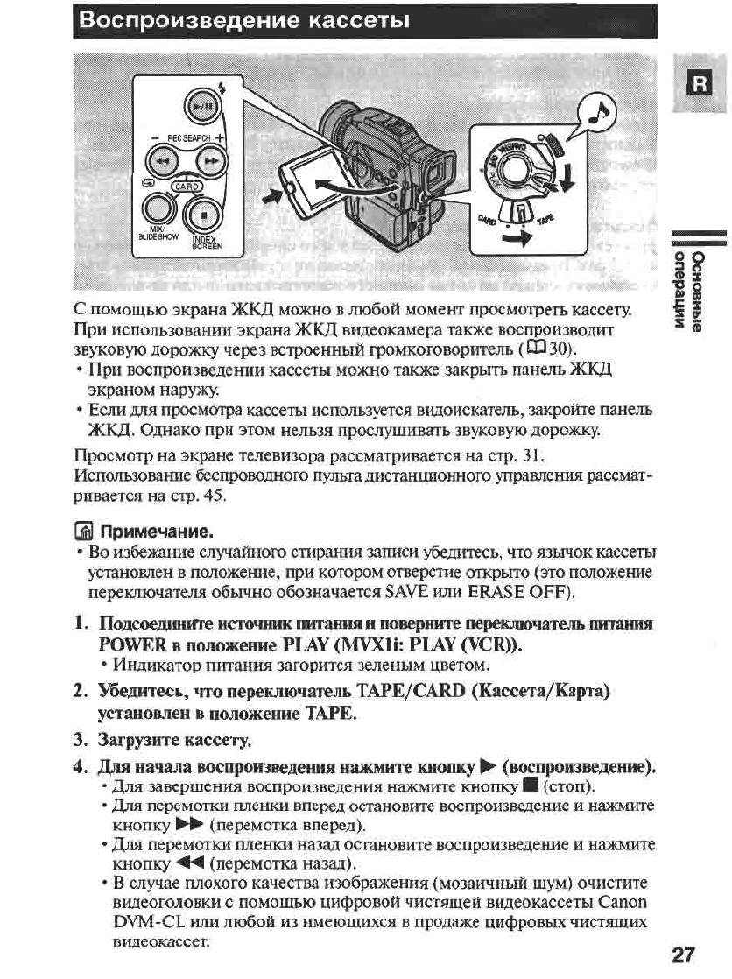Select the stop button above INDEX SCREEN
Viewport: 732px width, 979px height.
click(x=205, y=211)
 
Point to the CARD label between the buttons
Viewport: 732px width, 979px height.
click(x=186, y=185)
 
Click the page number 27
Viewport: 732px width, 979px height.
click(x=687, y=954)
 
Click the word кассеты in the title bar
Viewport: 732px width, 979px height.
click(x=356, y=20)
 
